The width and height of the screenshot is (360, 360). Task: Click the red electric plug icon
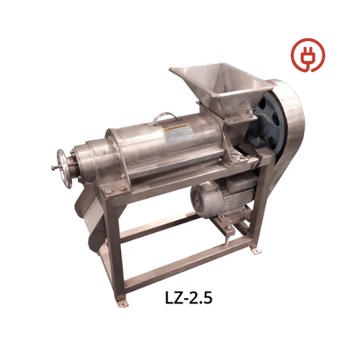[x=308, y=55]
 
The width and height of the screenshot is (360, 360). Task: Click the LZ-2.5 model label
[x=189, y=298]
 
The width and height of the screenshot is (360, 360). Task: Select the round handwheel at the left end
[x=64, y=168]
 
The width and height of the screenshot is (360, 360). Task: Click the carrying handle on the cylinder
[x=164, y=118]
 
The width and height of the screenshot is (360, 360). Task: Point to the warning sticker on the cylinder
[x=178, y=135]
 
